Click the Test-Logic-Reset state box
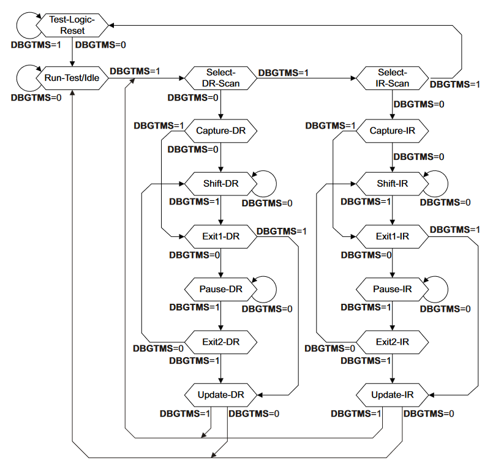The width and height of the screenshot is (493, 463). (x=72, y=25)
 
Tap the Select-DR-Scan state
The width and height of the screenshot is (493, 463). (x=220, y=78)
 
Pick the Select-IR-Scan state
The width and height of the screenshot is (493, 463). (x=392, y=78)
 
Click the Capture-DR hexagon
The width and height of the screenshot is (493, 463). (x=220, y=130)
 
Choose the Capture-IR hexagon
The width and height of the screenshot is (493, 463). (x=392, y=130)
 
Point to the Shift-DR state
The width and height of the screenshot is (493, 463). (x=220, y=183)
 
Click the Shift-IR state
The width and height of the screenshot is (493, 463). (x=392, y=183)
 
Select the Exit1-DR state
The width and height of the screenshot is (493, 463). (x=220, y=236)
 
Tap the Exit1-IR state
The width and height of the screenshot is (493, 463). (x=392, y=236)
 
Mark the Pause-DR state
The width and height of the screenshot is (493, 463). (x=220, y=288)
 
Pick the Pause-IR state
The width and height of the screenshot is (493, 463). (x=392, y=288)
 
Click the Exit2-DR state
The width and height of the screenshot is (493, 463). (x=220, y=342)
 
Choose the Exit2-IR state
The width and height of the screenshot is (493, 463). (x=392, y=342)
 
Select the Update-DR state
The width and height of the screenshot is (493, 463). (x=220, y=394)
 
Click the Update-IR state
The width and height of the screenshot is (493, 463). (x=392, y=394)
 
